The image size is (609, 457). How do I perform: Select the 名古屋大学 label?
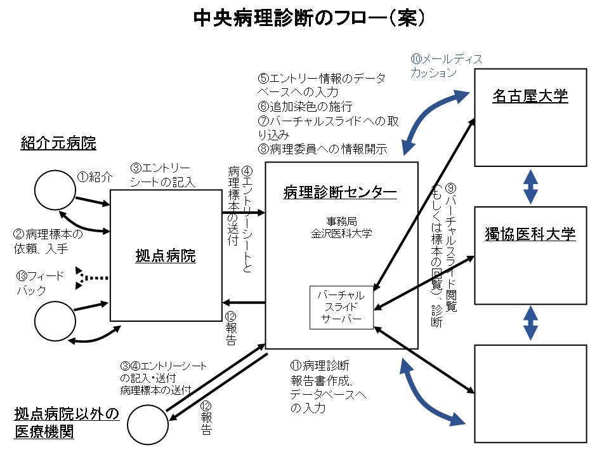pyautogui.click(x=530, y=96)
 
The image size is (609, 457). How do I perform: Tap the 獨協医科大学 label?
pyautogui.click(x=530, y=234)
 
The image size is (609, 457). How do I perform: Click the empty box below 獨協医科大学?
pyautogui.click(x=530, y=394)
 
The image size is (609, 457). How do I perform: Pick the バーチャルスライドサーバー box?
pyautogui.click(x=341, y=307)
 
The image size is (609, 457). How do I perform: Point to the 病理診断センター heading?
pyautogui.click(x=341, y=192)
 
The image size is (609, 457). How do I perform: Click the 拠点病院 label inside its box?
pyautogui.click(x=166, y=256)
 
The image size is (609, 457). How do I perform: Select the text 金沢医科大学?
pyautogui.click(x=341, y=233)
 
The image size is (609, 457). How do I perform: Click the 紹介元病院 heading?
pyautogui.click(x=58, y=143)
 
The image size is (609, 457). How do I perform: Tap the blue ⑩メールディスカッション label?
pyautogui.click(x=446, y=65)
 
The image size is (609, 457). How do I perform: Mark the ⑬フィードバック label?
pyautogui.click(x=39, y=284)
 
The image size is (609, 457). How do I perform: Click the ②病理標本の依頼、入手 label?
pyautogui.click(x=48, y=241)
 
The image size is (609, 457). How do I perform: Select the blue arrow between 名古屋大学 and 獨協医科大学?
pyautogui.click(x=530, y=186)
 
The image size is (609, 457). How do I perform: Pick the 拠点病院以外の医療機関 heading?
pyautogui.click(x=67, y=423)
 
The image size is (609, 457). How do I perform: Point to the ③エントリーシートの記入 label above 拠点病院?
pyautogui.click(x=162, y=175)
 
